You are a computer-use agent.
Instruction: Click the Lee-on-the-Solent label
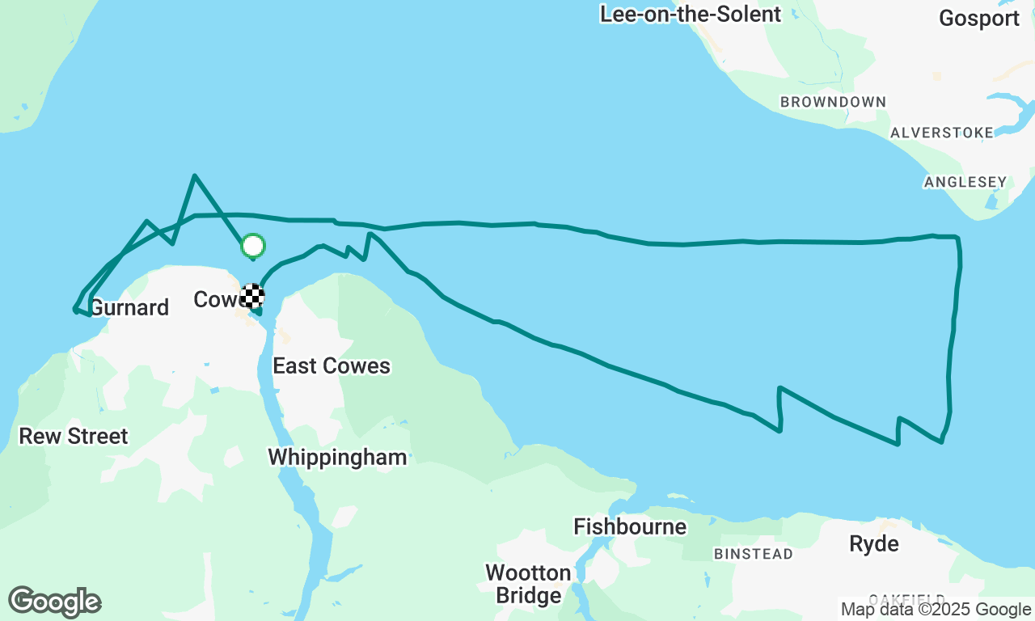point(691,15)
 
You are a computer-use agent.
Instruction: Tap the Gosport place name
point(979,19)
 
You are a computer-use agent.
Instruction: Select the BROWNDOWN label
point(833,103)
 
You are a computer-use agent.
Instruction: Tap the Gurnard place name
point(129,308)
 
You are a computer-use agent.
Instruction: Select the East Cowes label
point(332,366)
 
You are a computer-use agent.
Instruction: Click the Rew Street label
point(74,437)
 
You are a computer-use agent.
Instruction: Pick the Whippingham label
point(337,458)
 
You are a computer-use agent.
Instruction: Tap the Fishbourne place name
point(630,527)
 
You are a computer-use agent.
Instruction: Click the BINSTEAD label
point(754,555)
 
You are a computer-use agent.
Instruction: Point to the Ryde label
point(874,544)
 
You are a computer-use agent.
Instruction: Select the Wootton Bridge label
point(528,585)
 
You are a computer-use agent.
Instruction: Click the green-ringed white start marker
point(253,245)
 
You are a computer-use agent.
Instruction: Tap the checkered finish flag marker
point(252,296)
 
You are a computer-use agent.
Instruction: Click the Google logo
point(54,602)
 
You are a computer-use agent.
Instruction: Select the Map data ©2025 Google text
point(936,610)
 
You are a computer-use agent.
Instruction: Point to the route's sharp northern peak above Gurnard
point(194,175)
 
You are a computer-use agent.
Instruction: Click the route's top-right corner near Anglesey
point(957,238)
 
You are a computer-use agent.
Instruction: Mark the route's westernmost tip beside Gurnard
point(74,310)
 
